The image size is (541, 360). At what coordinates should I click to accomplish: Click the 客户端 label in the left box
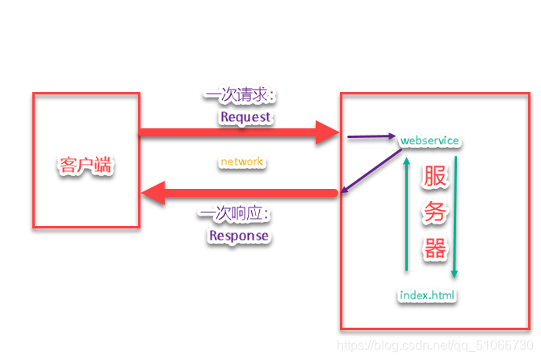[86, 166]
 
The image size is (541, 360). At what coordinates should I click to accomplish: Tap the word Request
[245, 117]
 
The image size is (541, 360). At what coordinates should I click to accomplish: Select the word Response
[238, 236]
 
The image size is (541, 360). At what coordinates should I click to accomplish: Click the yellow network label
[241, 161]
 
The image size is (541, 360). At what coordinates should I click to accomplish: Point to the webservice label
[430, 140]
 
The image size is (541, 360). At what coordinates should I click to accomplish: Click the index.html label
[428, 295]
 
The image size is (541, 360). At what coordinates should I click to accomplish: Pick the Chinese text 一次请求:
[240, 96]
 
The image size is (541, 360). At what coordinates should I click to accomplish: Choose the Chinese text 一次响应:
[233, 215]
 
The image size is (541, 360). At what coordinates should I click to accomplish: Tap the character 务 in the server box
[435, 213]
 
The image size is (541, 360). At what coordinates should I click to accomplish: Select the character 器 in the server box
[435, 248]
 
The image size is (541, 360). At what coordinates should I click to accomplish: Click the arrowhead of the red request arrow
[327, 132]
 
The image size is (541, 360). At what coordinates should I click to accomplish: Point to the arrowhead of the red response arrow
[154, 193]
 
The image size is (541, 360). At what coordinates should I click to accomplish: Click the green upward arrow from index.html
[407, 214]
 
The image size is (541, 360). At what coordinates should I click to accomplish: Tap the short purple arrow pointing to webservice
[371, 137]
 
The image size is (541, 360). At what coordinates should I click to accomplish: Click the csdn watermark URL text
[437, 345]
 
